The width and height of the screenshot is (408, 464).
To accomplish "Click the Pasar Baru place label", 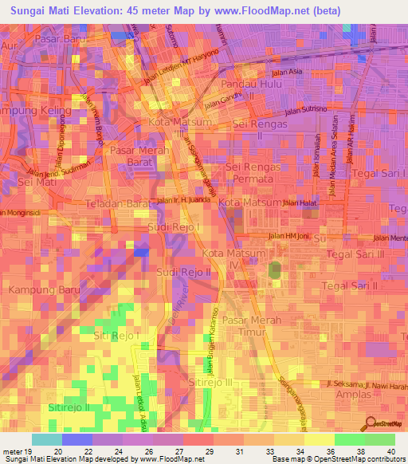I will (x=60, y=38).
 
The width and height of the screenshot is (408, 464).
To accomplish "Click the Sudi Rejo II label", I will (x=182, y=272).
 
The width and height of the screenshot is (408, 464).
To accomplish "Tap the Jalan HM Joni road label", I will (x=287, y=236).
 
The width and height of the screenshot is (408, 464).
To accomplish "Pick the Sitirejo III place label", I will (x=213, y=383).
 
